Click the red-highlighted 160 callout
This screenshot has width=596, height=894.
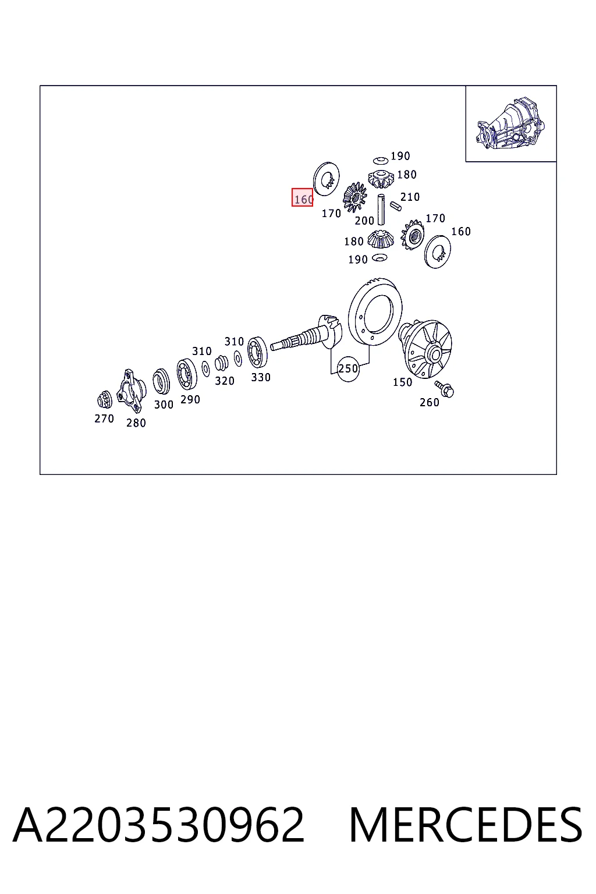point(302,197)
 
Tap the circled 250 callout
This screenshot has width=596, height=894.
point(348,369)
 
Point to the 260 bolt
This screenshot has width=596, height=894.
point(445,388)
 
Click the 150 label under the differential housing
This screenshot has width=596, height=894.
point(402,382)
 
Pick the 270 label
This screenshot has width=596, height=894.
point(104,418)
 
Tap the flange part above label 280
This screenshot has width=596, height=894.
point(131,391)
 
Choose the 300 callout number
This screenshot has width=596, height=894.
point(164,405)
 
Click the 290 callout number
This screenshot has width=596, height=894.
point(190,399)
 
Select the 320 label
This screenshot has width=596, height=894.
point(224,381)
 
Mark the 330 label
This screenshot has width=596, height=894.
point(261,378)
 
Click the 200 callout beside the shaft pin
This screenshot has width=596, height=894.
point(364,221)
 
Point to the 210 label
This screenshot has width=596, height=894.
point(410,197)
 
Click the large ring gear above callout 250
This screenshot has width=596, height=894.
point(375,311)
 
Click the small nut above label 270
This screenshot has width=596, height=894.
point(105,399)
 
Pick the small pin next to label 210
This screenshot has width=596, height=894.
point(395,206)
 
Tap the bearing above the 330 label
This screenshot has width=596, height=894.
point(257,352)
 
